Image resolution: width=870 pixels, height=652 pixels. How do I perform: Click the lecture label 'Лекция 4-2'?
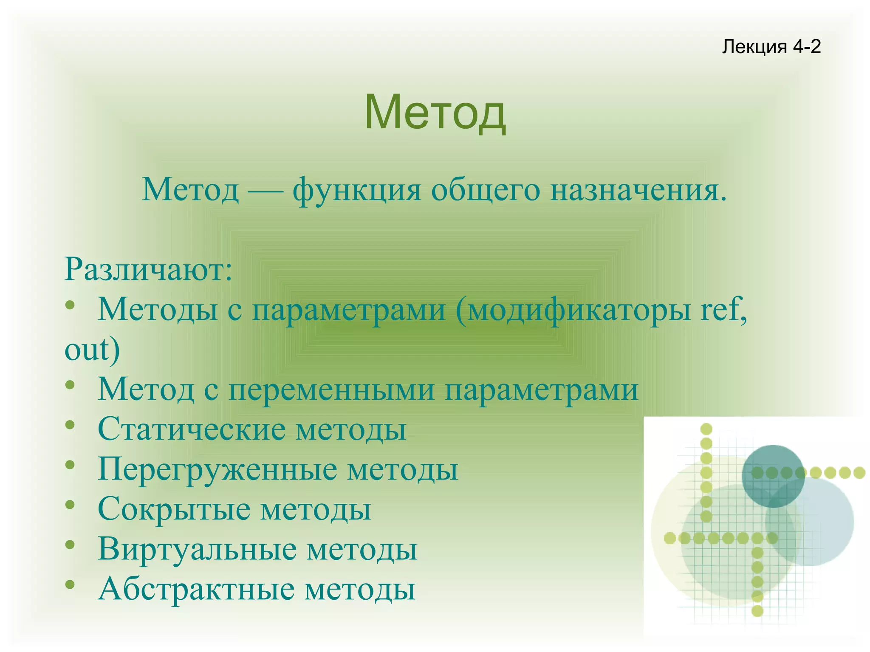[x=771, y=46]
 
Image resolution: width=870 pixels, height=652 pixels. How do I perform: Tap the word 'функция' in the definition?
[x=356, y=190]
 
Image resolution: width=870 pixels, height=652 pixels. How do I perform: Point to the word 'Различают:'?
[x=148, y=269]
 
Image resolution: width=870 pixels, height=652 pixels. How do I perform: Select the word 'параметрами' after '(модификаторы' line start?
[x=349, y=309]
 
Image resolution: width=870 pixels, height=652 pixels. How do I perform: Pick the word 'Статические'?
[x=191, y=429]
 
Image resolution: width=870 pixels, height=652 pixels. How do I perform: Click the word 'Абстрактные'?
[x=196, y=588]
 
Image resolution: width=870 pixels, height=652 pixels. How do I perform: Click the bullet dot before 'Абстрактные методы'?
[x=70, y=585]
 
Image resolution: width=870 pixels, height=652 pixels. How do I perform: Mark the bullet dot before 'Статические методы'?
[x=70, y=425]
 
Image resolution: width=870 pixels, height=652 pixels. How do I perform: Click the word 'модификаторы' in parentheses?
[x=573, y=309]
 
